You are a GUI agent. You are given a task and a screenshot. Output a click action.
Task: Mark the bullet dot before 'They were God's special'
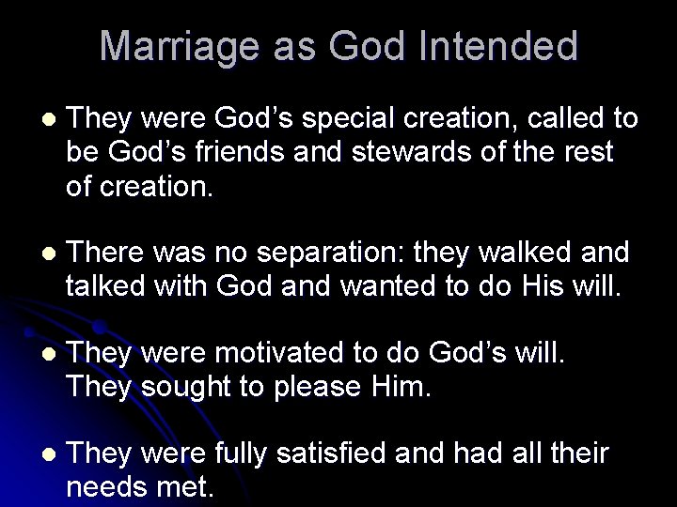coord(49,120)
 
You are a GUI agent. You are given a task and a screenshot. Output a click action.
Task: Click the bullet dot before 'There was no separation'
coord(49,253)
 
